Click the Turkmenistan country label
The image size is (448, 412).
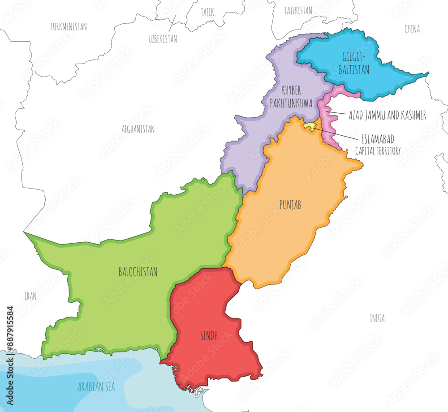tap(69, 26)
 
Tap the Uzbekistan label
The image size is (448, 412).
tap(163, 39)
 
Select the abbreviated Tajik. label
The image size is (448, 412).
tap(208, 13)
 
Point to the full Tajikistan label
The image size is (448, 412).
tap(298, 11)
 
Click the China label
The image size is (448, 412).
tap(412, 29)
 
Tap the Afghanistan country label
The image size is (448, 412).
tap(138, 129)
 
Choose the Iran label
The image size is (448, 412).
tap(30, 296)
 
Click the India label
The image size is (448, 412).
tap(377, 318)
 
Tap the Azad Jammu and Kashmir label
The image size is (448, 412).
tap(387, 115)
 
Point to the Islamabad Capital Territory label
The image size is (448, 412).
tap(378, 144)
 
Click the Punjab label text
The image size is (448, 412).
tap(290, 205)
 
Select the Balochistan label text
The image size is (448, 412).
tap(138, 271)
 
